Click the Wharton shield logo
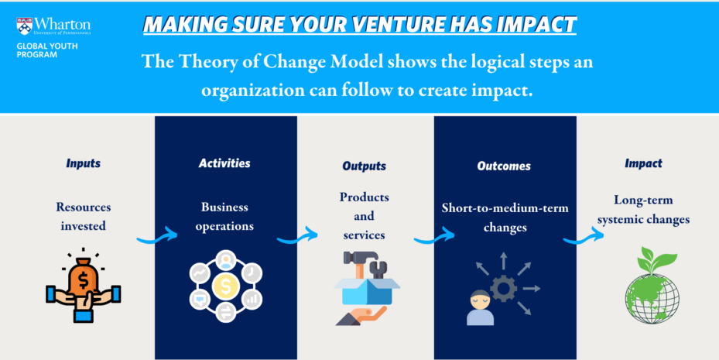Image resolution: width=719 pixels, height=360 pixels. pos(25,26)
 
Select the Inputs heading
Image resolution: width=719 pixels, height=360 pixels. pos(83,163)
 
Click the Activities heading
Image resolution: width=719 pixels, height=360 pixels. pos(224,163)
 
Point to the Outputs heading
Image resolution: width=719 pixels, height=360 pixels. pos(364,166)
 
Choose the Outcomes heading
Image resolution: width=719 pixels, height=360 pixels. pos(504,166)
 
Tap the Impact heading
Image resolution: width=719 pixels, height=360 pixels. pos(643,163)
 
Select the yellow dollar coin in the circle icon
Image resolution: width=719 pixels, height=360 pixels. pos(225,286)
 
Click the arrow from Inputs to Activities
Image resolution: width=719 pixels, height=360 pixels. pos(157,236)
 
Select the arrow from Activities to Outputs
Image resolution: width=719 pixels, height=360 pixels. pos(297,236)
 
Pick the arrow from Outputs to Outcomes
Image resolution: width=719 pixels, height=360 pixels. pos(433,237)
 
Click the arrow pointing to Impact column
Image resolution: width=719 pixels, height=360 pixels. pos(584,237)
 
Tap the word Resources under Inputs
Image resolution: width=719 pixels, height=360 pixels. pos(84,207)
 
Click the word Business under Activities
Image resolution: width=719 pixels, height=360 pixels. pos(224,207)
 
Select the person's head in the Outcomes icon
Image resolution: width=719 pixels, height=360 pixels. pos(480,300)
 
